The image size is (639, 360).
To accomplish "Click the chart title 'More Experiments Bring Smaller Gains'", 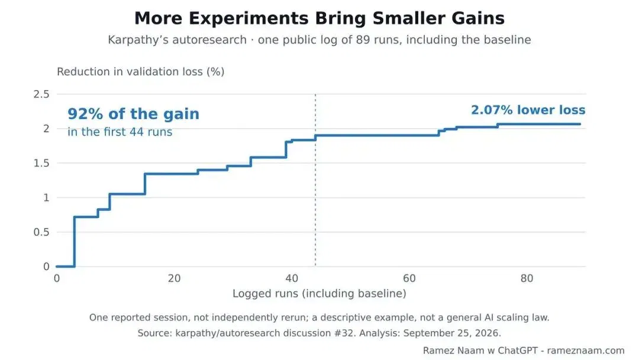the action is click(x=319, y=18).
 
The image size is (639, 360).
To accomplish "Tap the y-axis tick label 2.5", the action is click(x=41, y=94).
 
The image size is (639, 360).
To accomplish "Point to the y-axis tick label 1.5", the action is click(x=41, y=163).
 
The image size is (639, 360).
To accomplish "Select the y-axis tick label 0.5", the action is click(x=41, y=232).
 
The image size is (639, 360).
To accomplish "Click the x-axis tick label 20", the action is click(x=174, y=278).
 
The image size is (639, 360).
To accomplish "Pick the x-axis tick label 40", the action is click(x=292, y=278).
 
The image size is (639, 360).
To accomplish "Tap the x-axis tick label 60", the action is click(x=409, y=278).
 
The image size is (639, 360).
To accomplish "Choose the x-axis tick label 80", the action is click(x=527, y=278).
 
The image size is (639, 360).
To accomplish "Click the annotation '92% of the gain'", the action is click(x=133, y=114).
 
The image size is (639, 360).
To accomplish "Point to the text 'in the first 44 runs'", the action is click(x=120, y=131).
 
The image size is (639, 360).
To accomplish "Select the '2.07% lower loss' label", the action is click(x=528, y=110).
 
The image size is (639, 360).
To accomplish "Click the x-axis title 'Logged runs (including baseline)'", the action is click(x=319, y=294).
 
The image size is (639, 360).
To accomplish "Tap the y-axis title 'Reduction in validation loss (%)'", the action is click(x=141, y=72).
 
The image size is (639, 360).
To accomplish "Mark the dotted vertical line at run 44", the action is click(x=315, y=180).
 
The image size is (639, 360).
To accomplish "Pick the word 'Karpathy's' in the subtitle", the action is click(x=135, y=40).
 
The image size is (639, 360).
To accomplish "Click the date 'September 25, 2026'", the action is click(x=451, y=333).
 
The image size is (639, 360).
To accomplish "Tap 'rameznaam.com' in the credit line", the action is click(x=586, y=351).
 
